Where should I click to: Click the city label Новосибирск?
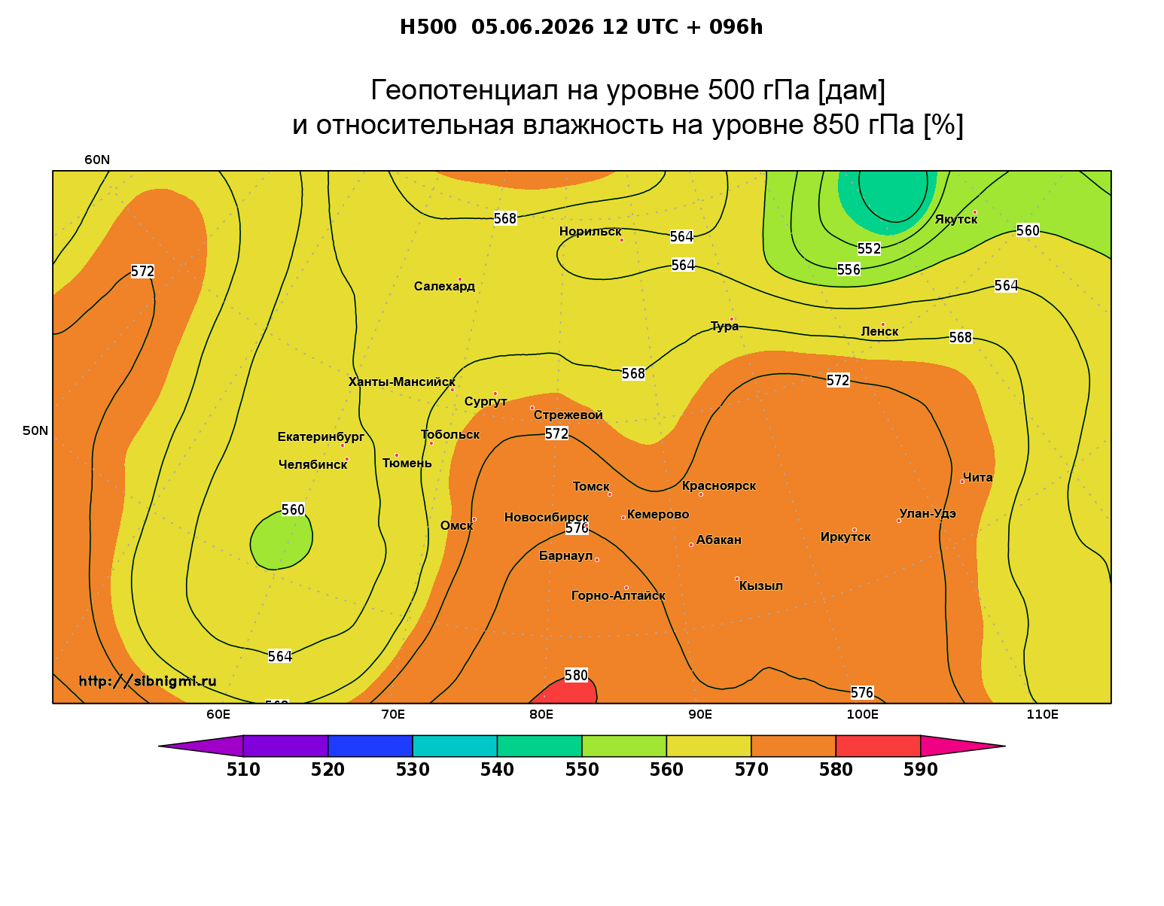point(546,518)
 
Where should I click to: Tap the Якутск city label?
point(955,220)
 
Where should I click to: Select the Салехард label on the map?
point(444,286)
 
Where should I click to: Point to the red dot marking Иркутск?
point(855,530)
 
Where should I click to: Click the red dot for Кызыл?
point(737,579)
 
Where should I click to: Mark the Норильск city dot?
point(621,240)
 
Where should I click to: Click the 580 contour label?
point(577,675)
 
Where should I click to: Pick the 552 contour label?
point(869,248)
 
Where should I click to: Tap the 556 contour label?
point(849,269)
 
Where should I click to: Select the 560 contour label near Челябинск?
point(293,509)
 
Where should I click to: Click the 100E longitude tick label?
point(862,714)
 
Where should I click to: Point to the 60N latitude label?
point(97,160)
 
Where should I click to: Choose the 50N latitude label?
point(35,430)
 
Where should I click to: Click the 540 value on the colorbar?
point(497,770)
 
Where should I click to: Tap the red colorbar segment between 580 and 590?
point(878,746)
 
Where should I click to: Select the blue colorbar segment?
point(370,746)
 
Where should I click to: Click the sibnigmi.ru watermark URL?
point(148,681)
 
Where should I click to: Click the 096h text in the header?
point(736,27)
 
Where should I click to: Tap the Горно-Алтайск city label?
point(618,596)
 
